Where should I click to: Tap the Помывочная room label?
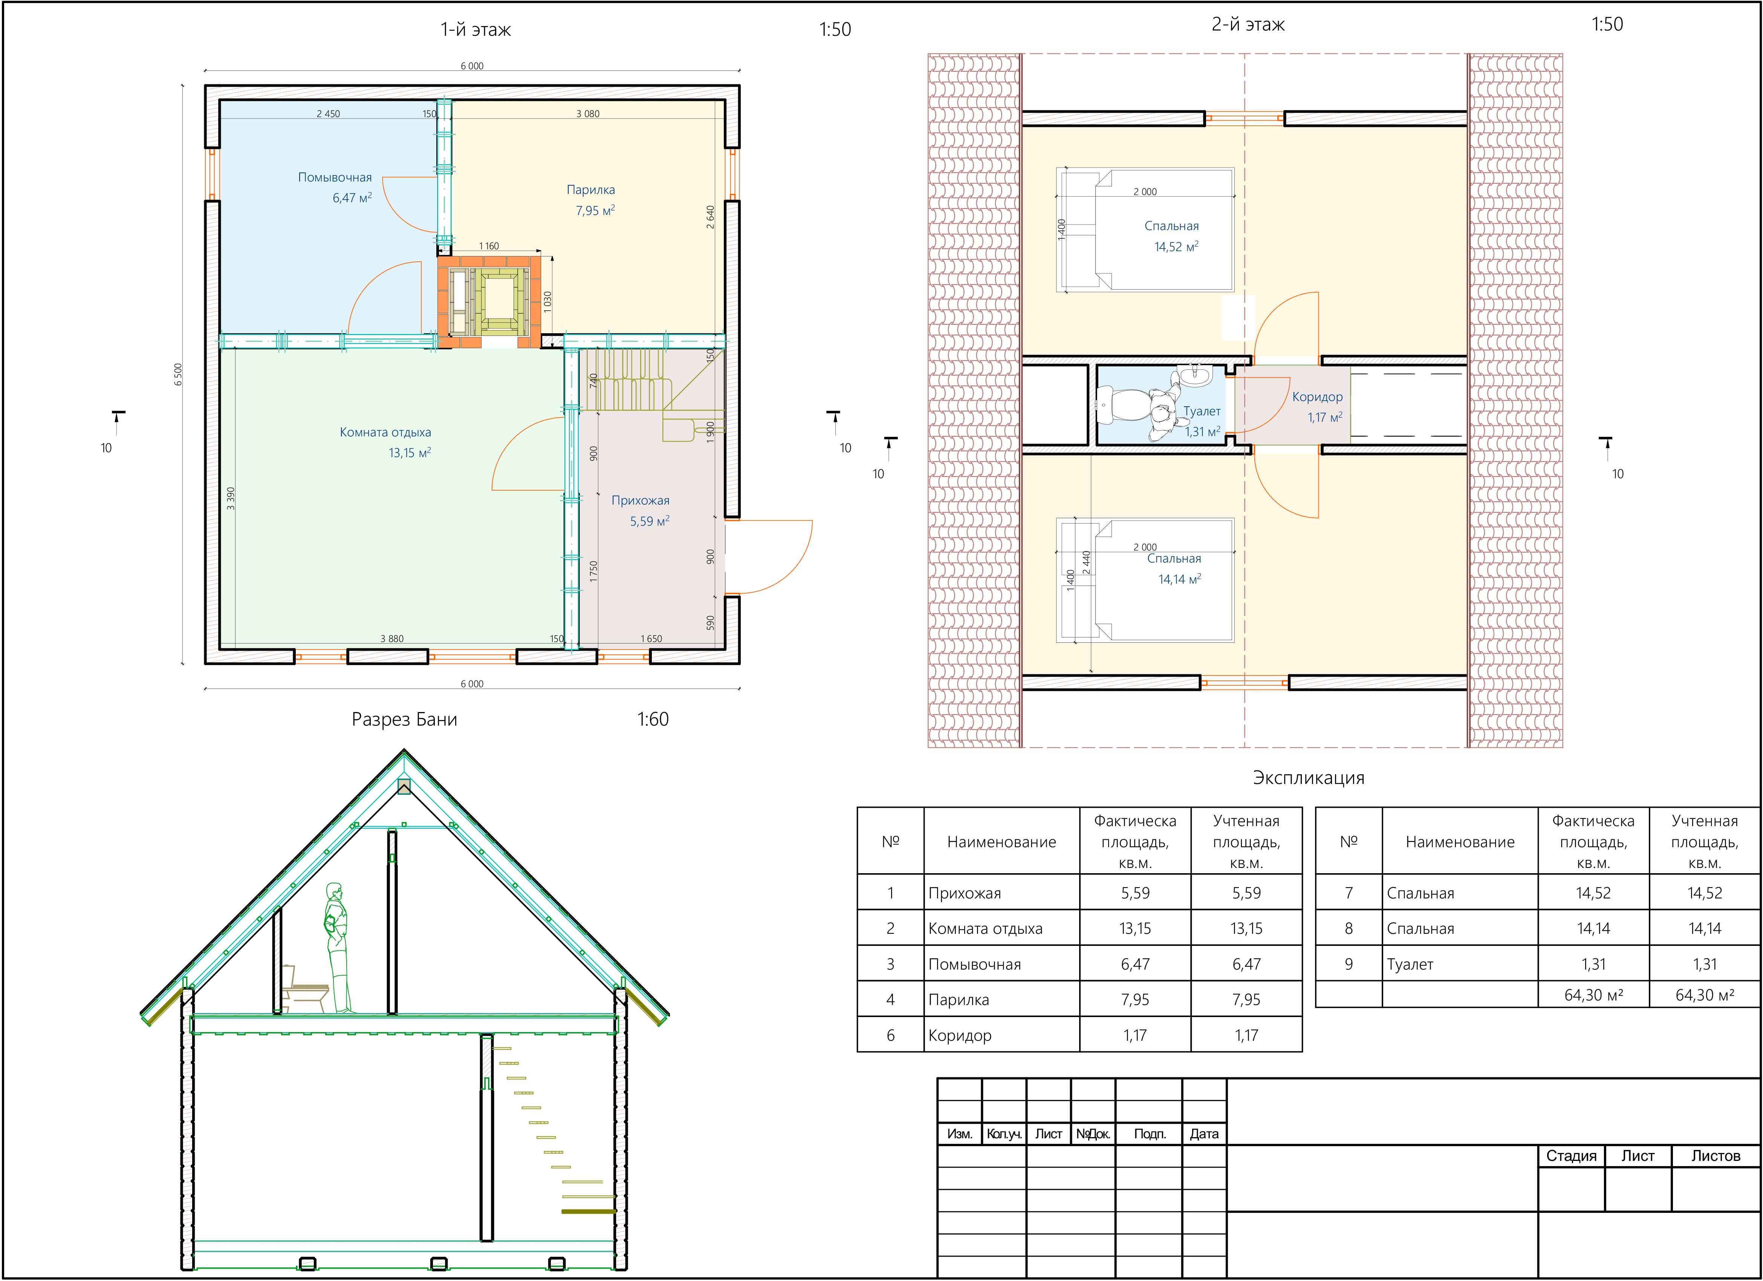[x=335, y=177]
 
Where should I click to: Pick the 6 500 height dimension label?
[x=178, y=374]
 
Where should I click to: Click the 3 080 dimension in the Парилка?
[x=588, y=113]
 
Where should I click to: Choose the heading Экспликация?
[x=1308, y=778]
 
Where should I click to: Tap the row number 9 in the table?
[x=1349, y=964]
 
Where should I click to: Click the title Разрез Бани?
[x=404, y=719]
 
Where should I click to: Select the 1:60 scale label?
[x=653, y=719]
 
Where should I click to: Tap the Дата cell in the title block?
[x=1204, y=1133]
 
